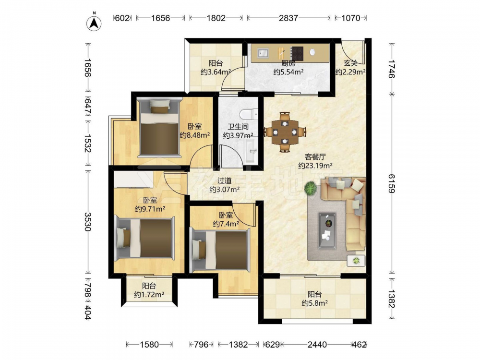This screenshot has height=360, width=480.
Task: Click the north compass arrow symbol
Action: [x=94, y=23]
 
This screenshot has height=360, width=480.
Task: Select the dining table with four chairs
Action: [x=285, y=132]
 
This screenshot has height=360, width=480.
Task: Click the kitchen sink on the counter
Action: [x=263, y=53]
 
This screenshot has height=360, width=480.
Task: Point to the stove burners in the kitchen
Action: [x=297, y=53]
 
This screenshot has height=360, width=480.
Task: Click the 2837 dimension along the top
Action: [x=288, y=18]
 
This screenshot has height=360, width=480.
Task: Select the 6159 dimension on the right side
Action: [x=392, y=183]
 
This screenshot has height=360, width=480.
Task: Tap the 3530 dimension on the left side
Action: [x=88, y=222]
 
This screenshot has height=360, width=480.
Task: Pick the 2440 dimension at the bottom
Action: [x=317, y=345]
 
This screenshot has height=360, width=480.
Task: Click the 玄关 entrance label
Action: [x=350, y=63]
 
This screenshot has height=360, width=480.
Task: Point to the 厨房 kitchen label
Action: [x=288, y=63]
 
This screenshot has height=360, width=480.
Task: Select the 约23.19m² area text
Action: [x=315, y=166]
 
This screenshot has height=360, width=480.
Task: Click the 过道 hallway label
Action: [x=224, y=181]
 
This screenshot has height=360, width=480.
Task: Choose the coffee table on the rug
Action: [x=327, y=230]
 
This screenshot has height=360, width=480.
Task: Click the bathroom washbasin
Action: [x=252, y=150]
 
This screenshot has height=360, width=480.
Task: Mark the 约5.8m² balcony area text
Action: [x=315, y=303]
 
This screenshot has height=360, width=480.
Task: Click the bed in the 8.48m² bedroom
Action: [x=159, y=126]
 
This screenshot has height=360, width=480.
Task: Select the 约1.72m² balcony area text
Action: [x=149, y=295]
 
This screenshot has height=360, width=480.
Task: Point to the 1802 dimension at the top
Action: [x=216, y=18]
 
